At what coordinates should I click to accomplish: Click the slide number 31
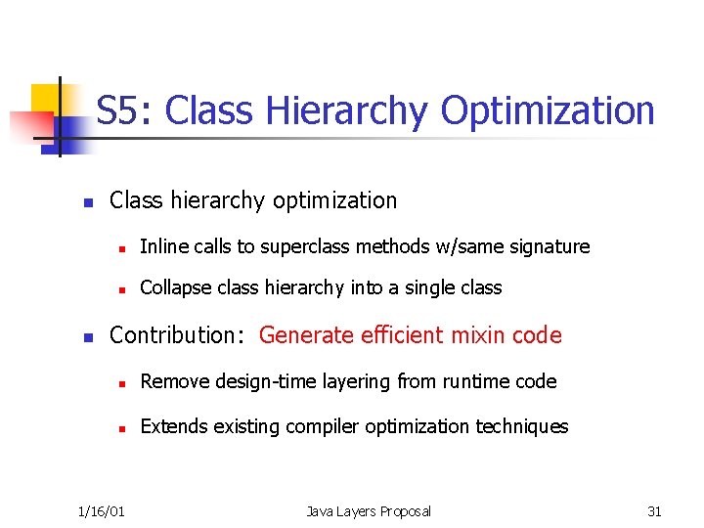pyautogui.click(x=654, y=511)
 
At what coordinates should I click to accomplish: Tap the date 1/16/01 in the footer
pyautogui.click(x=102, y=511)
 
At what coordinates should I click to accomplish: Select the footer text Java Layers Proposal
pyautogui.click(x=368, y=511)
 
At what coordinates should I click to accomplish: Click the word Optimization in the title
pyautogui.click(x=547, y=111)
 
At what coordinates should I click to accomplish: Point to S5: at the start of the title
pyautogui.click(x=125, y=111)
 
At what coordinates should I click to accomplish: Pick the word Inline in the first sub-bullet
pyautogui.click(x=161, y=246)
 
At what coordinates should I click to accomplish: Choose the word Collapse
pyautogui.click(x=173, y=287)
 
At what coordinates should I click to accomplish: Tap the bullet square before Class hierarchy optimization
pyautogui.click(x=87, y=202)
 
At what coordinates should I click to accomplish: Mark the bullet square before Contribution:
pyautogui.click(x=87, y=337)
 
